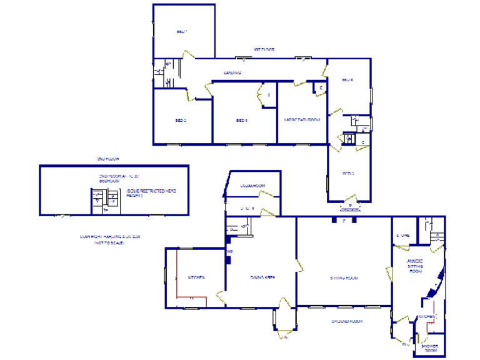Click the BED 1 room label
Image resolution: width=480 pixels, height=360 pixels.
point(182,31)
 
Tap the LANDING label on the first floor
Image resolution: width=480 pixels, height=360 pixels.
point(233,73)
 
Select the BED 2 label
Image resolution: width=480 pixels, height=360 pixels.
point(181,120)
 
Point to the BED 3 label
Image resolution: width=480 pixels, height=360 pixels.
point(242,120)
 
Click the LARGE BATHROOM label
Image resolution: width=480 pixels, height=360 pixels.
point(302,120)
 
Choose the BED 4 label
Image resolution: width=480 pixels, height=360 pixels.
point(347,80)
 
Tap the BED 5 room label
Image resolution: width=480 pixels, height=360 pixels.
point(348,173)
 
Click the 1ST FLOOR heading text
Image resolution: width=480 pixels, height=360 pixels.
point(263,49)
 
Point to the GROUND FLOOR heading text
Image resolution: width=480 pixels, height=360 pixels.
point(347,321)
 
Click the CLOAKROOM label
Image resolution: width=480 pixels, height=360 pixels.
point(253,186)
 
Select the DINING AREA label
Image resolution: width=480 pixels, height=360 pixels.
point(263,277)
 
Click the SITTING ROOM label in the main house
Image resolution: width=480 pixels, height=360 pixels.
point(343,277)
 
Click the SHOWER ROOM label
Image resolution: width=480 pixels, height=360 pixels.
point(430,348)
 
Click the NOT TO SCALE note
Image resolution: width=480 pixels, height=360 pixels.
point(109,242)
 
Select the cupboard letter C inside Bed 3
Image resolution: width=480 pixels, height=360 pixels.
point(269,95)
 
